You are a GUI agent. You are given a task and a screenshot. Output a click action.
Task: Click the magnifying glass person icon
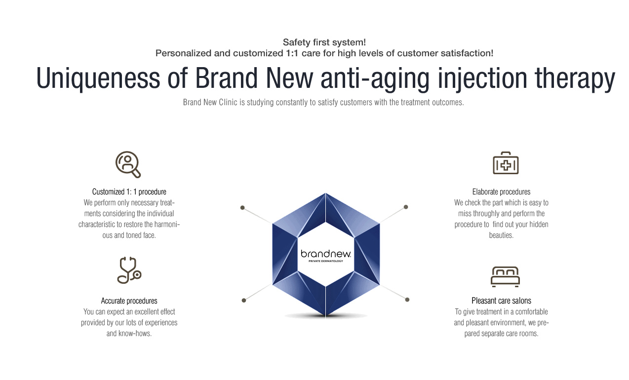coord(128,164)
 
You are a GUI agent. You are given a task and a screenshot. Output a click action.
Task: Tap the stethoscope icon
coord(129,270)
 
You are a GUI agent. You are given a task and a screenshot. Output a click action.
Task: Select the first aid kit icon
coord(506,163)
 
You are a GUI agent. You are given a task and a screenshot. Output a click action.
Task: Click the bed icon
coord(505,277)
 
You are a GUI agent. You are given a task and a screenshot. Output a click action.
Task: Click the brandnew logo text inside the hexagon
coord(326,254)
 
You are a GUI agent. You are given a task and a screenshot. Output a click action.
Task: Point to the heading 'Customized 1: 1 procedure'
coord(129,191)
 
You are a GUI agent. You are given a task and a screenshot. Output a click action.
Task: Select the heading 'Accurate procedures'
coord(129,301)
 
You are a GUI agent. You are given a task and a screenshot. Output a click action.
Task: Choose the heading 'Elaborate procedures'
coord(501,191)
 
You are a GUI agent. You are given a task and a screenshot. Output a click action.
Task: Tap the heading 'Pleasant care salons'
coord(501,301)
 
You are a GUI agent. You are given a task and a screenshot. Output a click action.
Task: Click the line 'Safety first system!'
coord(324,42)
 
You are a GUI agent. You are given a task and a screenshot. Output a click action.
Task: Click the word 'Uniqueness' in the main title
coord(98,78)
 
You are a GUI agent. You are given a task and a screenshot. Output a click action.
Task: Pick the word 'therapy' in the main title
coord(575,78)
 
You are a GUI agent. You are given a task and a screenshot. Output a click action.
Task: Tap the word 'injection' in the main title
coord(482,78)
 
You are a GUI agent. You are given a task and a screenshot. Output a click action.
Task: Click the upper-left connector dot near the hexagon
coord(242,208)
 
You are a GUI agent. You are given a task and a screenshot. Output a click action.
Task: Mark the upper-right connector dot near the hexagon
coord(406,207)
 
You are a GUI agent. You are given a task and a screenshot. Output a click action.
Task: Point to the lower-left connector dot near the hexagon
coord(244,301)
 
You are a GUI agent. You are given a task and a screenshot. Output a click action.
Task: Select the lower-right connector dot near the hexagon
coord(407,300)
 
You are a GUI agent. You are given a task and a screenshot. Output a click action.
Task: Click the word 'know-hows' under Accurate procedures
coord(134,334)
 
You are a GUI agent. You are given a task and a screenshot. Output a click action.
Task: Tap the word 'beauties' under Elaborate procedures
coord(501,235)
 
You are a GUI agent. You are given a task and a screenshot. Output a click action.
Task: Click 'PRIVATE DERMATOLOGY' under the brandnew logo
coord(326,261)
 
